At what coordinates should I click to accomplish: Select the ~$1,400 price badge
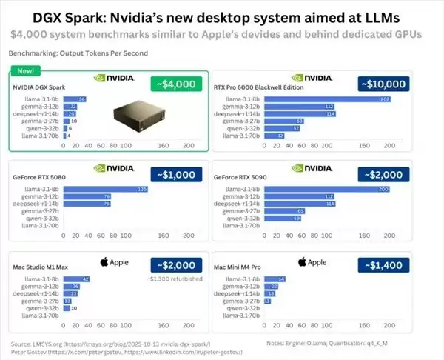(x=383, y=265)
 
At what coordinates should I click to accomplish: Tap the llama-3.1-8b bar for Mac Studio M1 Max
(x=77, y=279)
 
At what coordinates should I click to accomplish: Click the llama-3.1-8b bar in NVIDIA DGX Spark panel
(x=75, y=99)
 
